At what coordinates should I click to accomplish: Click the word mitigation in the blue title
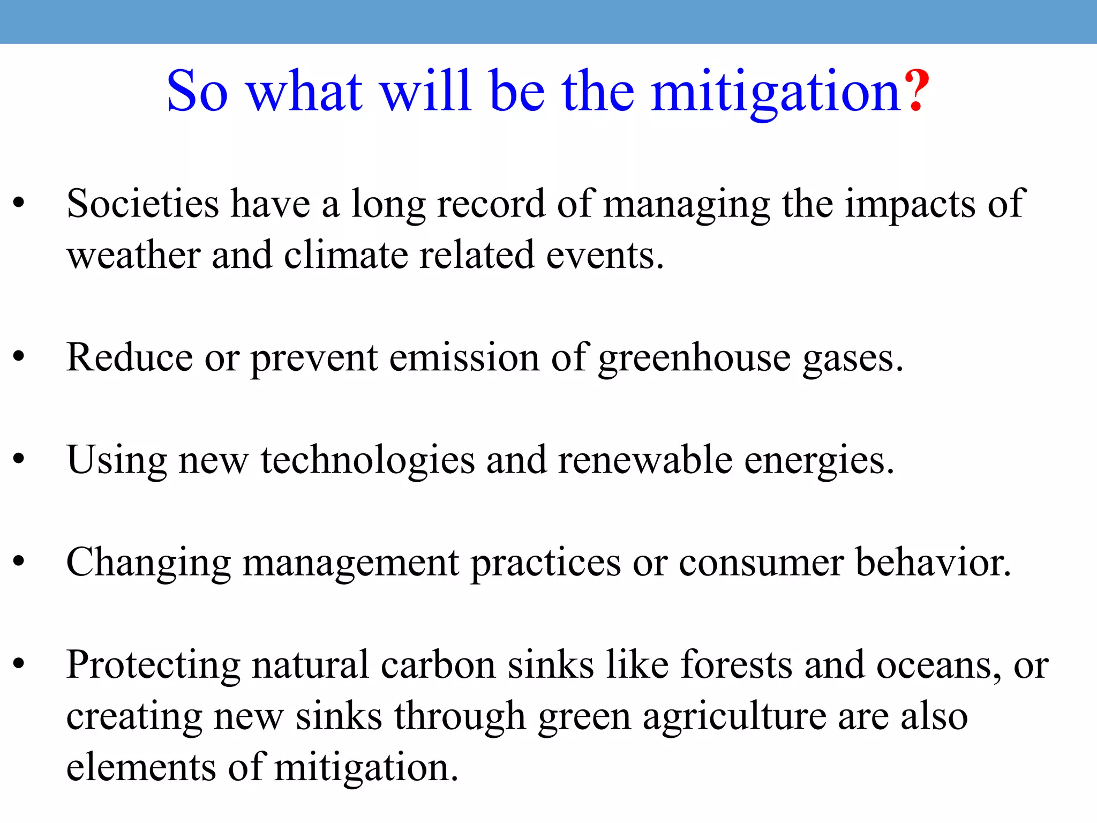(x=777, y=92)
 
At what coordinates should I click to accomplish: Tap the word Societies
(x=142, y=204)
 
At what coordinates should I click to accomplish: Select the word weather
(x=133, y=256)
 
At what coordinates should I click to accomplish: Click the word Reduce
(x=129, y=357)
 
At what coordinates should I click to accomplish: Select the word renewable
(x=645, y=460)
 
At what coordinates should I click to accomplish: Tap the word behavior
(x=933, y=563)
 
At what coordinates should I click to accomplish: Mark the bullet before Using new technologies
(x=19, y=459)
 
